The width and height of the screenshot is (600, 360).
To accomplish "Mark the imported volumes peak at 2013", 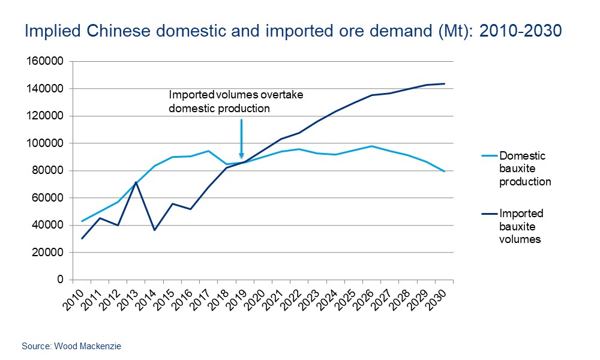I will point(136,182).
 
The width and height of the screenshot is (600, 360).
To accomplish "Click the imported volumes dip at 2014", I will point(154,230).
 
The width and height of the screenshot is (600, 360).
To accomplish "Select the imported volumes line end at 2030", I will point(445,83).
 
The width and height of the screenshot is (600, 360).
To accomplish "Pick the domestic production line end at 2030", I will point(445,172).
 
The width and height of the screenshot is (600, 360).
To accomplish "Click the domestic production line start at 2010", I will point(82,221).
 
